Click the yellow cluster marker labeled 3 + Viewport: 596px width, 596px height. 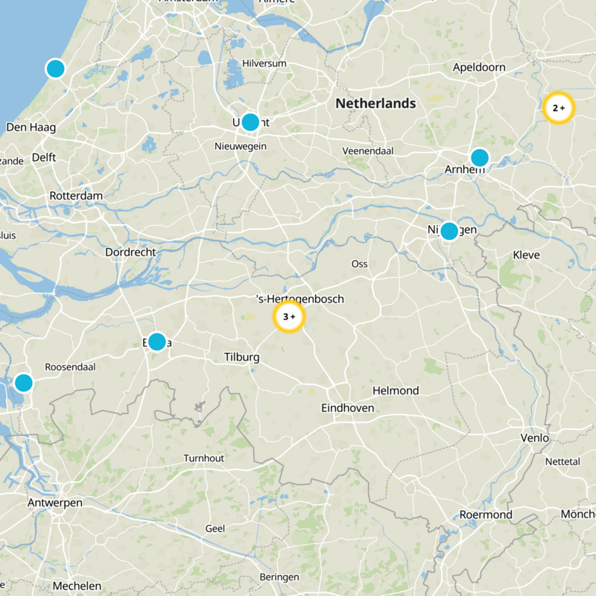(289, 317)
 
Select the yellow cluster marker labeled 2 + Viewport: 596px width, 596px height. (559, 108)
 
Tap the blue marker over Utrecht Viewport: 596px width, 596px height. (250, 122)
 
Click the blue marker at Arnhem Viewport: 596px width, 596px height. (479, 157)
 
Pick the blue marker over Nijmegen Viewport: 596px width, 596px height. (449, 231)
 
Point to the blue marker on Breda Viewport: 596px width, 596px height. (156, 342)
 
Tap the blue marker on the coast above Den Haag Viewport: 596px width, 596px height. (55, 69)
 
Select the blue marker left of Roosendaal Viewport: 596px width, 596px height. (24, 383)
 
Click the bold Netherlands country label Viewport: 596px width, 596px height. (375, 104)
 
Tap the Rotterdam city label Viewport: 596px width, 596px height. (75, 195)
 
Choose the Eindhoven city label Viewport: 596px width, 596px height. (347, 408)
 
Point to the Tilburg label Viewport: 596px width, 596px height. (241, 358)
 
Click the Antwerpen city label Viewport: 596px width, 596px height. (54, 503)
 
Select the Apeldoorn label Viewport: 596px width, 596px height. (479, 68)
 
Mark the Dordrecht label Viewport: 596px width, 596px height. (130, 253)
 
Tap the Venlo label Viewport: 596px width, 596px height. (535, 438)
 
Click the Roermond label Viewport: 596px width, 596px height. (486, 515)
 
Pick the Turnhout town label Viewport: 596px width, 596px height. (203, 458)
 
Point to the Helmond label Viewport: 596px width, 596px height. (396, 390)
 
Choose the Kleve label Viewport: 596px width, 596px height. (526, 255)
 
